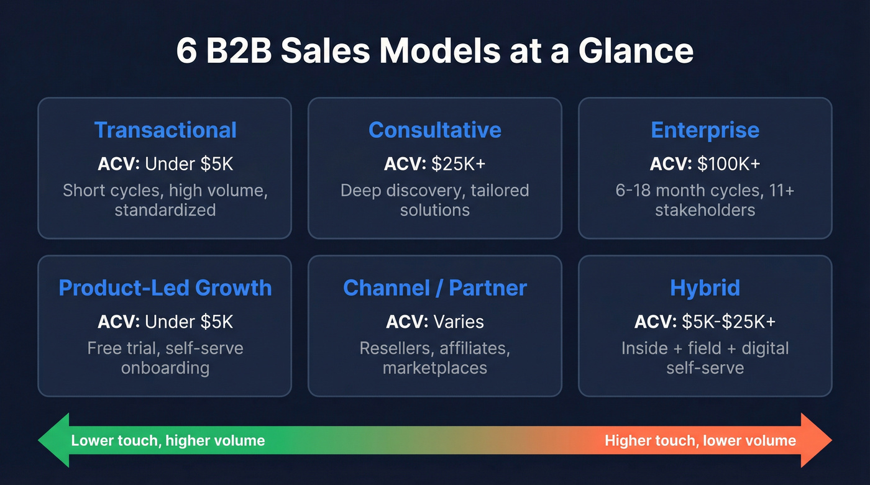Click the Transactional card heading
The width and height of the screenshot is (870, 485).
pos(165,130)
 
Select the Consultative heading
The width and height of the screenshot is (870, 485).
pos(434,130)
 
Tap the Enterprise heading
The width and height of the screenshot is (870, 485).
pos(705,130)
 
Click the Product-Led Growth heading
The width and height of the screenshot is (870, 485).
pos(165,288)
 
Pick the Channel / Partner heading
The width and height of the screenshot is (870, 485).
pos(434,288)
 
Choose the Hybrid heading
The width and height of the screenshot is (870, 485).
pos(705,288)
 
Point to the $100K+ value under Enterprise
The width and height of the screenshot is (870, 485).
pos(728,164)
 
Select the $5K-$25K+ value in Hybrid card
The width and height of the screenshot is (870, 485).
pos(728,322)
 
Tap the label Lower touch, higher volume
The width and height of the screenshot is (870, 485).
pos(168,441)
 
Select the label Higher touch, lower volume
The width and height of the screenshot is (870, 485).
pos(700,441)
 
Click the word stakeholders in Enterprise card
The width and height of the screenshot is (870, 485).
pos(705,210)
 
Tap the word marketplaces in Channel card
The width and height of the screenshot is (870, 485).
pos(434,368)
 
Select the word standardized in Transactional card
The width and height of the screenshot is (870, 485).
pos(165,210)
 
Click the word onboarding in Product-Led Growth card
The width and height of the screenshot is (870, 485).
pos(165,368)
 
